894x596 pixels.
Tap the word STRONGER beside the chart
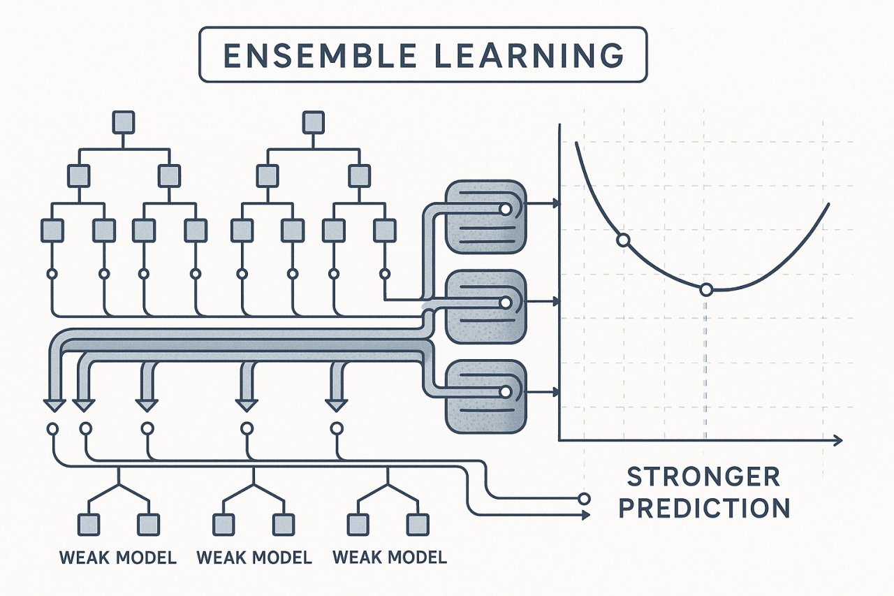pos(703,477)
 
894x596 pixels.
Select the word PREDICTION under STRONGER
pos(705,507)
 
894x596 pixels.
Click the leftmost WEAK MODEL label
pos(118,558)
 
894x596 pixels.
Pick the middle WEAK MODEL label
pos(254,558)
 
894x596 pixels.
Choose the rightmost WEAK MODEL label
pos(390,558)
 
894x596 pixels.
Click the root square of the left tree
pos(124,122)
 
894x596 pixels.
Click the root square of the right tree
pos(314,122)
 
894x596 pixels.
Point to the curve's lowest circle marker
pos(706,289)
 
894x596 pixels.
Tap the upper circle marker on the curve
pos(623,240)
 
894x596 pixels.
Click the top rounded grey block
pos(485,217)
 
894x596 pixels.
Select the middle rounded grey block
pos(485,306)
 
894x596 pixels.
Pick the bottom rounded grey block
pos(485,396)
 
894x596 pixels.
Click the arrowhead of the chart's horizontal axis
pos(837,440)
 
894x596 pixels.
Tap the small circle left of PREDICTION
pos(584,499)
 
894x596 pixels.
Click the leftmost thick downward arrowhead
pos(54,405)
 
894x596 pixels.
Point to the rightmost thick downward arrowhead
pos(337,405)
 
